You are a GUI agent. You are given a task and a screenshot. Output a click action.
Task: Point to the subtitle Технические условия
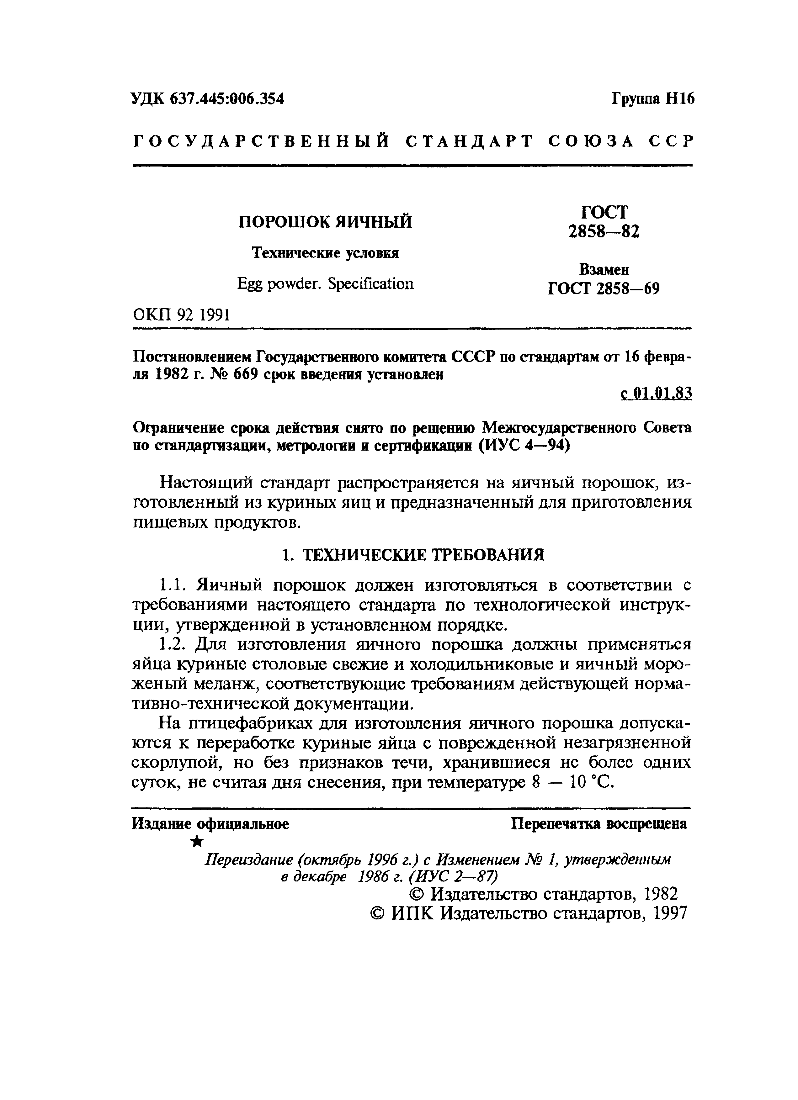pos(325,253)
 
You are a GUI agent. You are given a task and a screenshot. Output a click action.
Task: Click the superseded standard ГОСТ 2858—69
pos(604,289)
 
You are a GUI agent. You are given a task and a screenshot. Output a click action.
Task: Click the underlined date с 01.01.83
pos(656,393)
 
